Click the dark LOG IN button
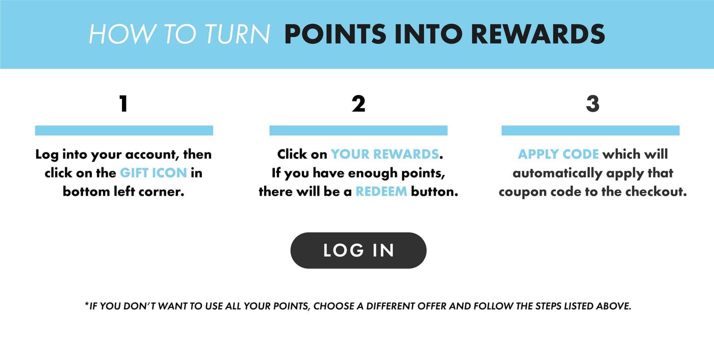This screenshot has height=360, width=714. tap(358, 250)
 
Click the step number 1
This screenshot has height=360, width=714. tap(123, 104)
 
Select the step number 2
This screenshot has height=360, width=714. tap(358, 104)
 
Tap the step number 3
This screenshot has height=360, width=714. tap(593, 104)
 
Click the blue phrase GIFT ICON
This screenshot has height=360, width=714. tap(154, 173)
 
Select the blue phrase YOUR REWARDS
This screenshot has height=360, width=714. tap(385, 154)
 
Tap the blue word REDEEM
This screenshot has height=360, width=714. tap(381, 191)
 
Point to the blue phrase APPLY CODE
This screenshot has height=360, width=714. tap(558, 154)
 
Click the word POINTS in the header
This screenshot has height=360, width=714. tap(336, 34)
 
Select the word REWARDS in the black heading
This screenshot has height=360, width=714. tap(538, 34)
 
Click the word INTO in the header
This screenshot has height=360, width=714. tap(428, 34)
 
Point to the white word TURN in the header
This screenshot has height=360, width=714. tap(238, 34)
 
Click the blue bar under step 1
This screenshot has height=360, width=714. tap(124, 131)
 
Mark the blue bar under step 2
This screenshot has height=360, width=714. tap(358, 131)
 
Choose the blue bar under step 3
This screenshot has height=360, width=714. tap(591, 131)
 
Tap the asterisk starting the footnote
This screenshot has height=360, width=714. tap(87, 304)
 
